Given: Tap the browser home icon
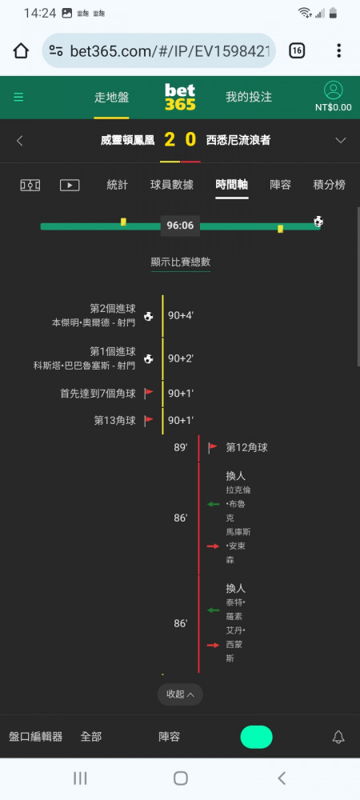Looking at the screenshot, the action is tap(21, 50).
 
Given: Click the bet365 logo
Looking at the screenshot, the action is tap(180, 97).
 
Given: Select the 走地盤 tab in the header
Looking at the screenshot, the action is tap(112, 98).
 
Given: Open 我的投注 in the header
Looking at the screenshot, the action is tap(249, 98).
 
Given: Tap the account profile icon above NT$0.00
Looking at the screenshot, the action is tap(334, 90).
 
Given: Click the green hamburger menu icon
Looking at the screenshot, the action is tap(18, 97).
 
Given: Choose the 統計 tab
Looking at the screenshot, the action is tap(118, 185).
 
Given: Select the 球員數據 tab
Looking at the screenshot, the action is tap(172, 185).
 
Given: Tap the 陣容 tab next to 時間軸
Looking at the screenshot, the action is tap(281, 185).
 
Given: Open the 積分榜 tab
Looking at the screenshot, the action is tap(329, 185).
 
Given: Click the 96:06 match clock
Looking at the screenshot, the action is tap(180, 225).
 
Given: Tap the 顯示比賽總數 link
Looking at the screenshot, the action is tap(181, 262).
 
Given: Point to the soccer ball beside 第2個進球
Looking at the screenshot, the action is tap(148, 316).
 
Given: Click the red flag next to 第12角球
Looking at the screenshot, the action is tap(213, 448).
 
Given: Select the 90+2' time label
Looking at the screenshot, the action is tap(181, 358).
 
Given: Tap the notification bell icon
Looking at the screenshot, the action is tap(338, 737).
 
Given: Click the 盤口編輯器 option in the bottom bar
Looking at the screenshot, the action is tap(36, 737).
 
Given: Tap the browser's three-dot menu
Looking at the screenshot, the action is tap(338, 50).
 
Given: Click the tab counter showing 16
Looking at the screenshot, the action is tap(297, 50).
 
